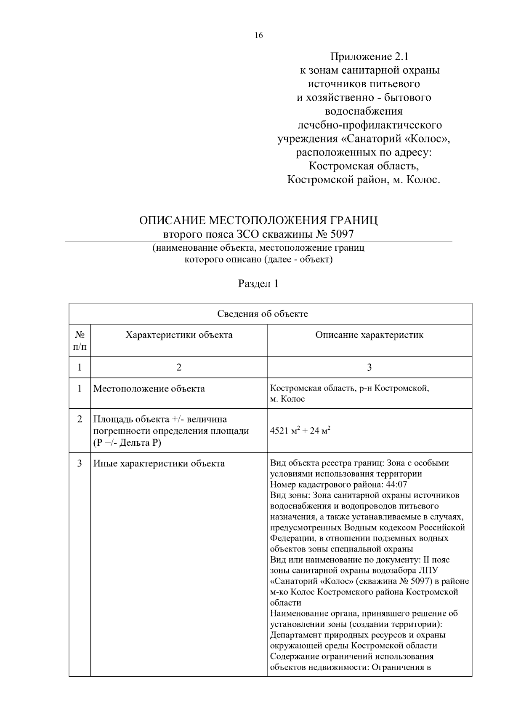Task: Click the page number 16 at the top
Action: pyautogui.click(x=258, y=35)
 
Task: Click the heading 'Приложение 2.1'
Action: pyautogui.click(x=369, y=56)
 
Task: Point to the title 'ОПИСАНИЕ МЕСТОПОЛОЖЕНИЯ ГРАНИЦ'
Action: pyautogui.click(x=258, y=220)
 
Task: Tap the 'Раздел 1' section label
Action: pyautogui.click(x=258, y=284)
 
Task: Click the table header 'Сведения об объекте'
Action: pyautogui.click(x=263, y=314)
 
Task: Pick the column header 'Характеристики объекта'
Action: pyautogui.click(x=179, y=335)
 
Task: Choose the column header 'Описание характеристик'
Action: pyautogui.click(x=369, y=335)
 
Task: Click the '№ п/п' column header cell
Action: pyautogui.click(x=80, y=340)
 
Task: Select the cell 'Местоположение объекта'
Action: pyautogui.click(x=149, y=388)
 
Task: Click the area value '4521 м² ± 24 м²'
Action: pyautogui.click(x=300, y=431)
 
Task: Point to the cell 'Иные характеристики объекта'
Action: pyautogui.click(x=159, y=464)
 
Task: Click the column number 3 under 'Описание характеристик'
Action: pyautogui.click(x=369, y=367)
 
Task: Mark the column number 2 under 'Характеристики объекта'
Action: pyautogui.click(x=179, y=367)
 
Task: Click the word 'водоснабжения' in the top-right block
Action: pyautogui.click(x=364, y=111)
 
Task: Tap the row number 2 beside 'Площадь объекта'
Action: pyautogui.click(x=80, y=420)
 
